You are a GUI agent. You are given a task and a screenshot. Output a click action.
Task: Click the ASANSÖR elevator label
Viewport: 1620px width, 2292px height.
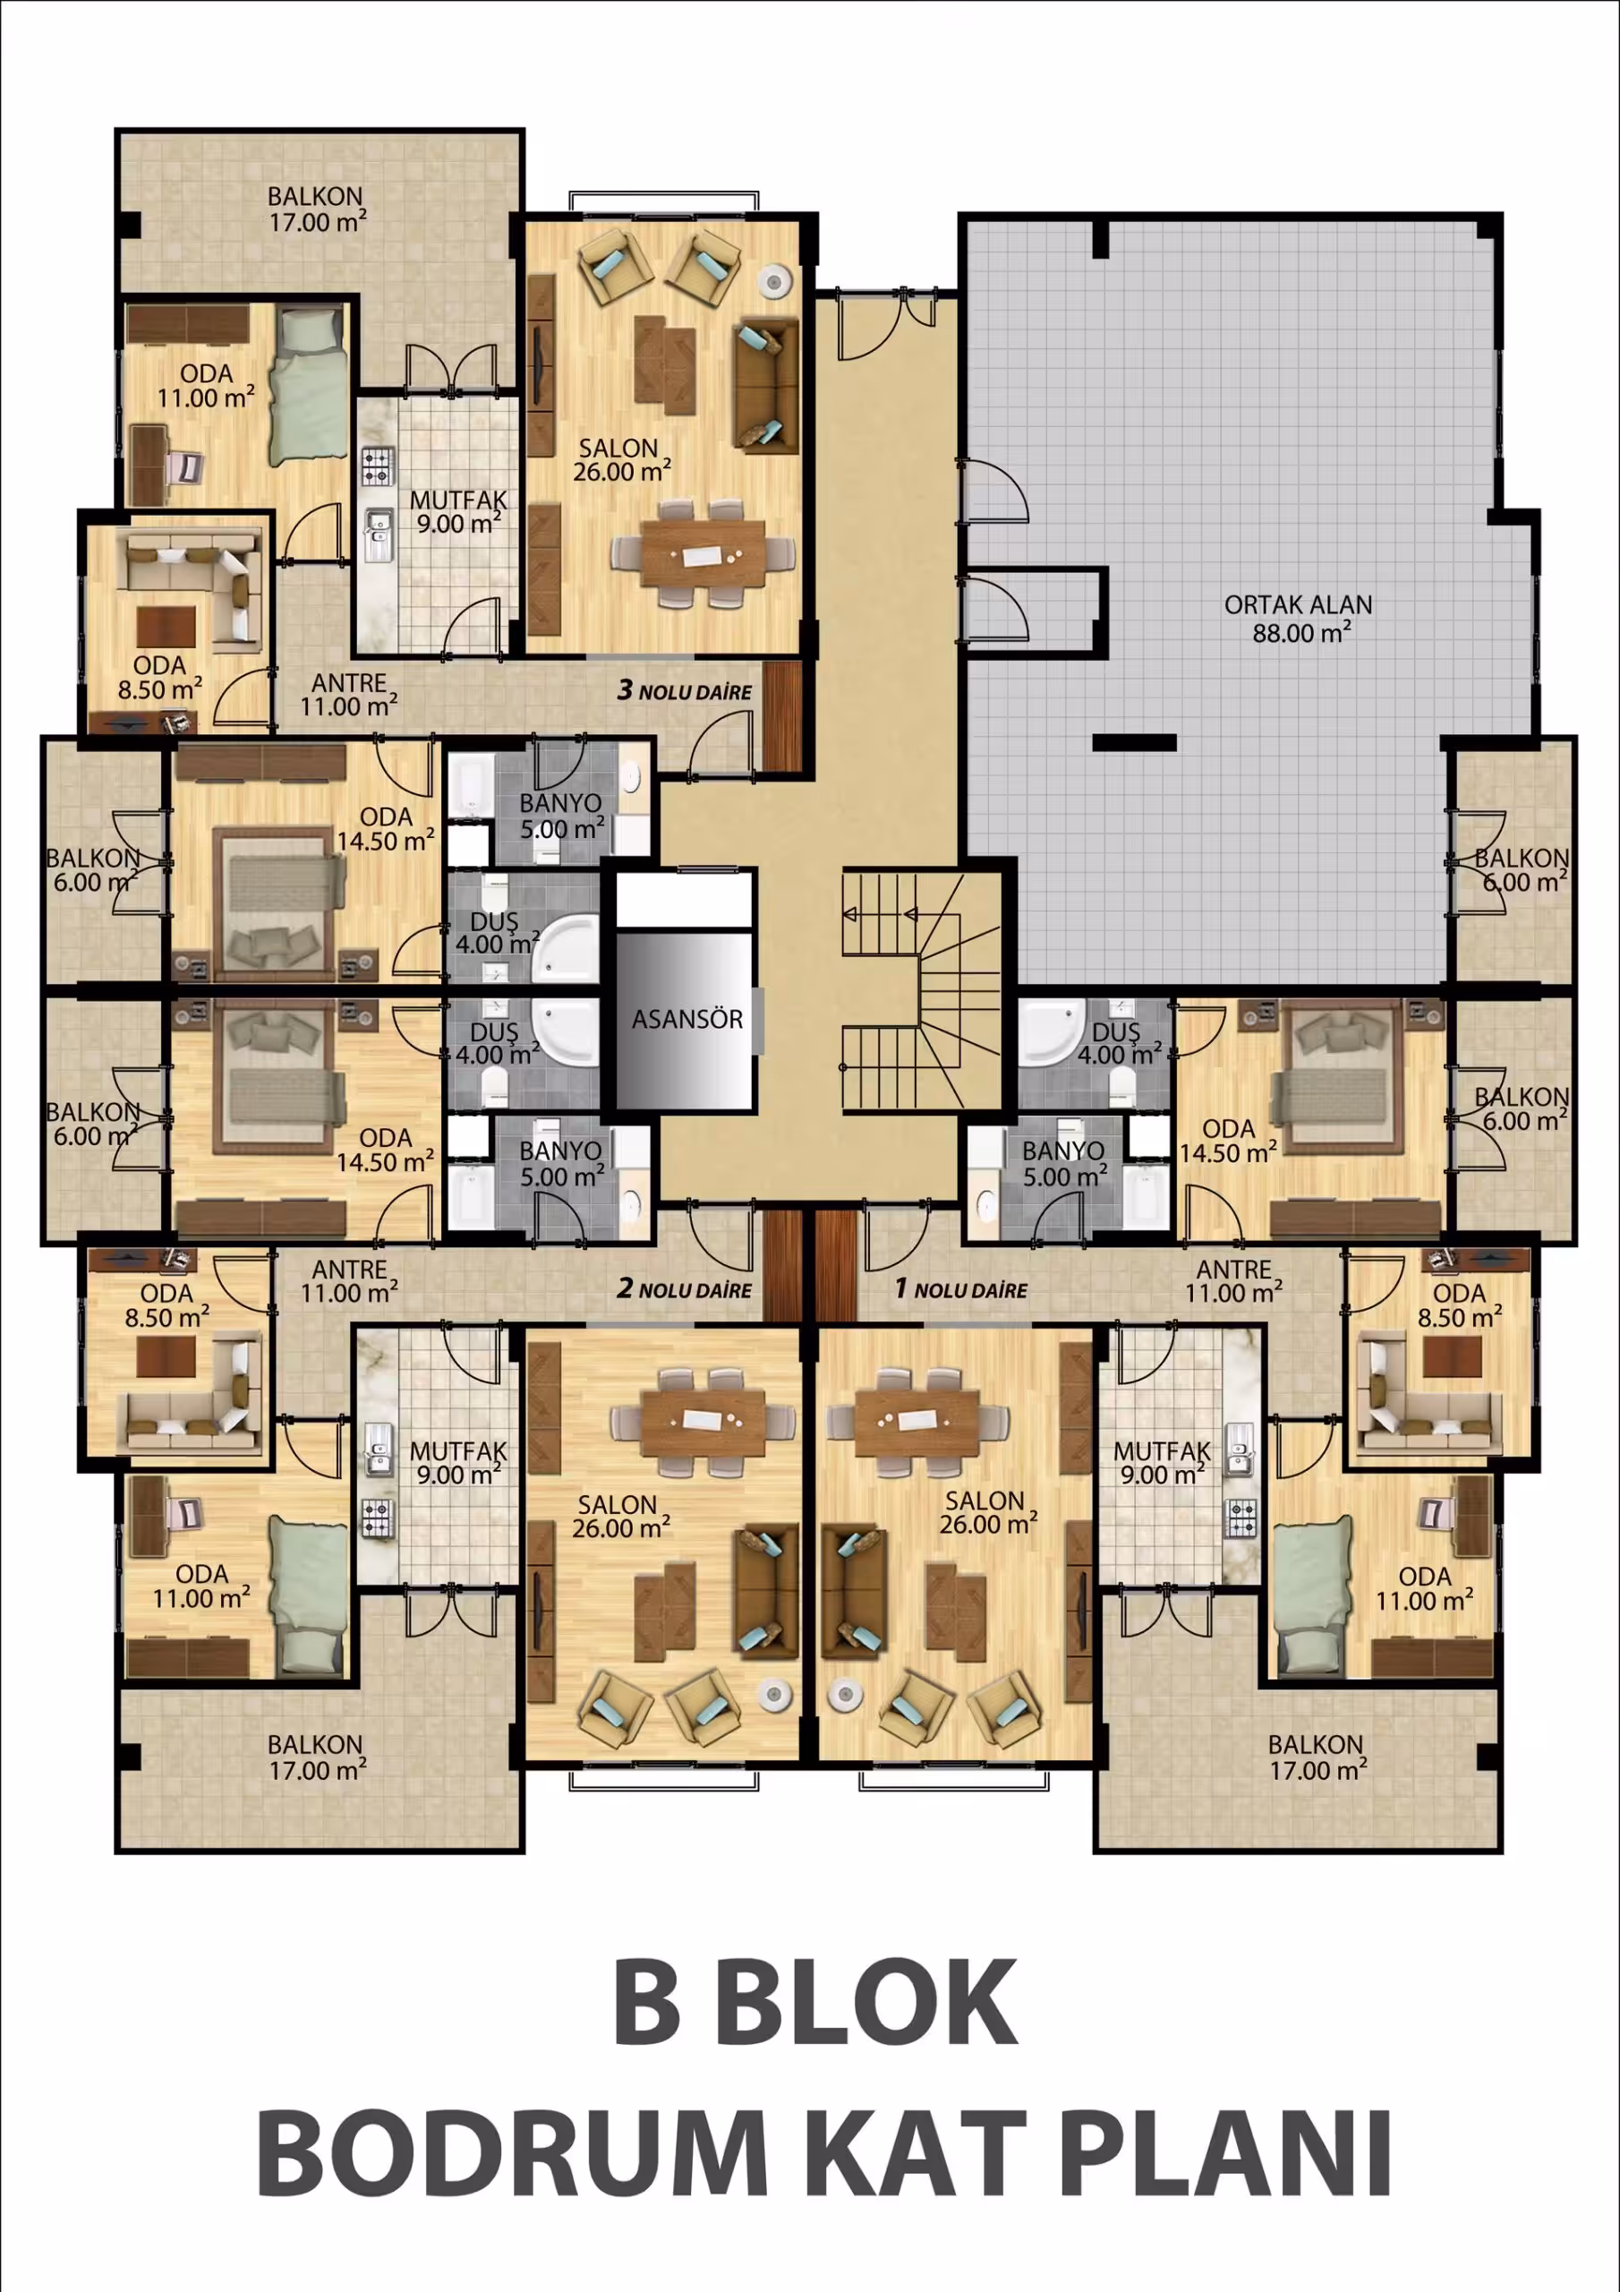[686, 1019]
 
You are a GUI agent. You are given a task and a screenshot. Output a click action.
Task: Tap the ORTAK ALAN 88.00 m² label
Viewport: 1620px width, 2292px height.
[1299, 619]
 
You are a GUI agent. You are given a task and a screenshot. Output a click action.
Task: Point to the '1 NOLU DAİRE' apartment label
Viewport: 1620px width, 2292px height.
[960, 1288]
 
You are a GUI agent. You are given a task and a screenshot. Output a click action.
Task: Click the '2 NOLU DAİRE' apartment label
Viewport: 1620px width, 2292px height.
[684, 1288]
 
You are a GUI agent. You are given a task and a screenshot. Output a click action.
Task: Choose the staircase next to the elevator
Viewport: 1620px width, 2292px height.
[921, 991]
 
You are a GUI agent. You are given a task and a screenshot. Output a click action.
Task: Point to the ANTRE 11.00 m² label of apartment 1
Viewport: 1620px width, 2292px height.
[1233, 1282]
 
